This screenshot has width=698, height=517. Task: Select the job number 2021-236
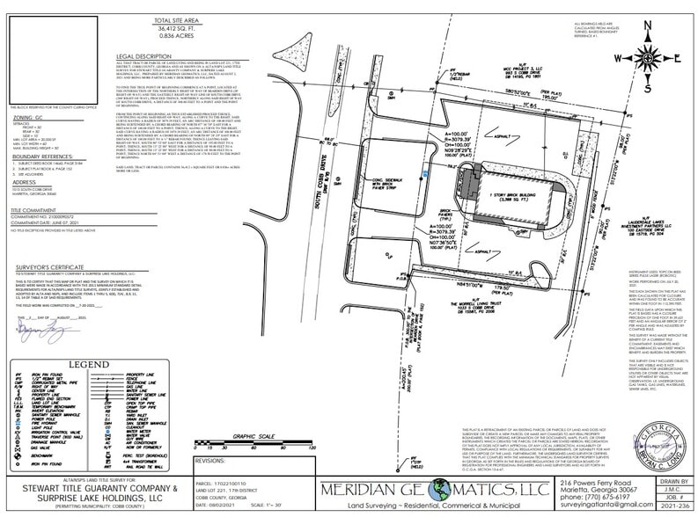[675, 506]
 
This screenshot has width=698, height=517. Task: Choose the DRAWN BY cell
[674, 481]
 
